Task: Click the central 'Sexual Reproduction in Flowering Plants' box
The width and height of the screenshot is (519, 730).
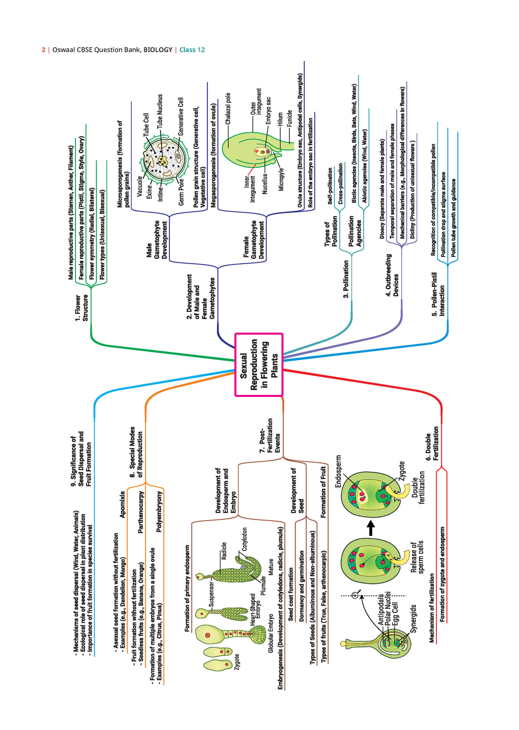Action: click(x=258, y=364)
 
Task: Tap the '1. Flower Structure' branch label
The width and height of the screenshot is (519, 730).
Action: click(x=82, y=307)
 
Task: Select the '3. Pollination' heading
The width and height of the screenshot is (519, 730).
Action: click(x=346, y=279)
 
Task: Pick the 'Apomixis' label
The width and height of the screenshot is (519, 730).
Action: click(x=122, y=504)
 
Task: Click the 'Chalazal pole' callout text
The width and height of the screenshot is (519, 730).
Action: click(x=228, y=108)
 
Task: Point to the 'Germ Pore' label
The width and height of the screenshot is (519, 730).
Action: click(x=181, y=192)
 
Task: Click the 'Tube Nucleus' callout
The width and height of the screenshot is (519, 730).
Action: click(x=160, y=111)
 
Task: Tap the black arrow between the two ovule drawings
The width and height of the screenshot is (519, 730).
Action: click(x=370, y=528)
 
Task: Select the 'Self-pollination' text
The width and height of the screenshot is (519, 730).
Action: click(x=330, y=186)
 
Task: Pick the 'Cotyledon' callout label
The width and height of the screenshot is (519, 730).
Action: click(x=245, y=539)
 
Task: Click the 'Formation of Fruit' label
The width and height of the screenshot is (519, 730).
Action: click(x=323, y=492)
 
